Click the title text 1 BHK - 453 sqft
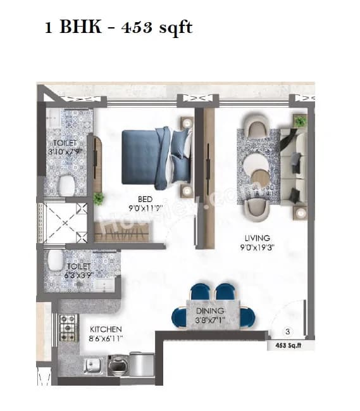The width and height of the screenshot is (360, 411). (118, 28)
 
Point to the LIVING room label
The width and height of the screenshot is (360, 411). (259, 238)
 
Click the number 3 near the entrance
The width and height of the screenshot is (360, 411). (288, 331)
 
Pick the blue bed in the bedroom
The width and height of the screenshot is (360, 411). (155, 156)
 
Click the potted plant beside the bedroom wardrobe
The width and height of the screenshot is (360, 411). (99, 199)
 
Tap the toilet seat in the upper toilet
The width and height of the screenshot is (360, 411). (66, 184)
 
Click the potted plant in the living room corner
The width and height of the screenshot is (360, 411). (300, 120)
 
